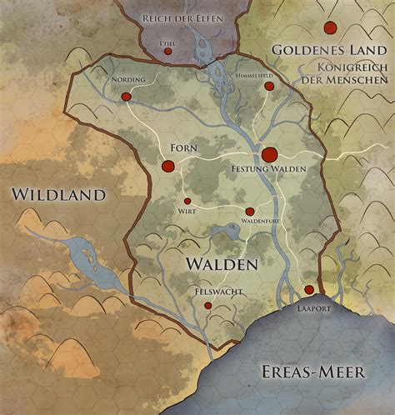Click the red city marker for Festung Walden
click(x=269, y=154)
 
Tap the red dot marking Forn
click(x=167, y=167)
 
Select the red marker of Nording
click(x=127, y=97)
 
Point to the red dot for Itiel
click(x=168, y=51)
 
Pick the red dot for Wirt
click(x=187, y=201)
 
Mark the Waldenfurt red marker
click(x=249, y=212)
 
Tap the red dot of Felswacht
click(x=207, y=306)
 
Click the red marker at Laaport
click(x=309, y=289)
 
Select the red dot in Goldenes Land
click(x=331, y=28)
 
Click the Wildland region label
click(x=58, y=194)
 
